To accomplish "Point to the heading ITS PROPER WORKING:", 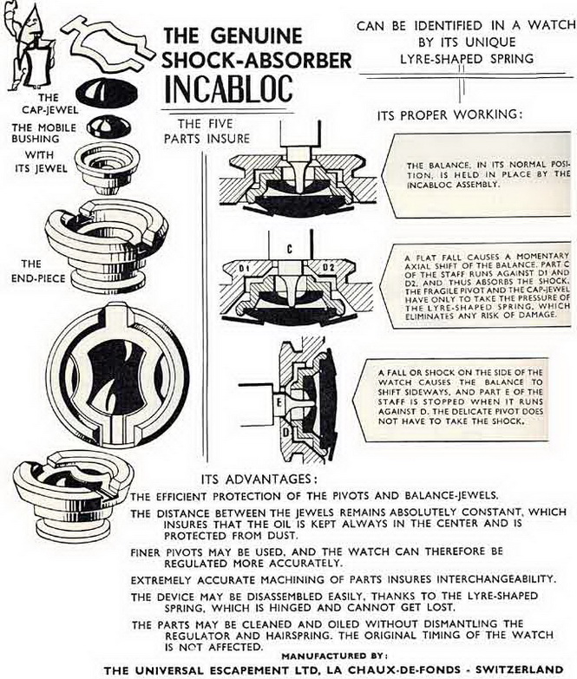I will (449, 115).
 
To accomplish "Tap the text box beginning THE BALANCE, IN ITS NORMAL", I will (482, 174).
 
